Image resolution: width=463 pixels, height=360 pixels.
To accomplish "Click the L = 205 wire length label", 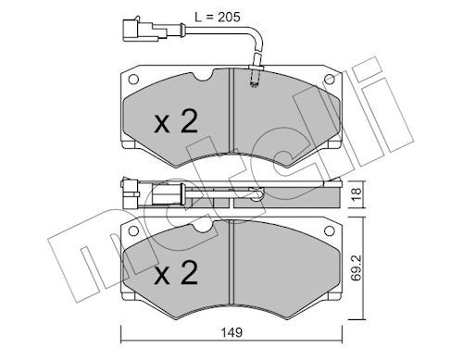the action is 218,18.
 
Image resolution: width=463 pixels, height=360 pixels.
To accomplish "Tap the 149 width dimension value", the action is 231,332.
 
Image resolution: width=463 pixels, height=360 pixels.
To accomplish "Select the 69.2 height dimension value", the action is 357,267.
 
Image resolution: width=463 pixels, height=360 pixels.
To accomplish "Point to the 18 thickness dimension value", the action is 357,194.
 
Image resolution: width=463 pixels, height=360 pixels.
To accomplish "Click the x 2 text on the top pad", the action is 176,122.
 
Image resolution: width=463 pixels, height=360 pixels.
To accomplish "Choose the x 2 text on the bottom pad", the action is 176,272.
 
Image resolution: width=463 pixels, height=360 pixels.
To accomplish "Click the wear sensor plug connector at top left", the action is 144,30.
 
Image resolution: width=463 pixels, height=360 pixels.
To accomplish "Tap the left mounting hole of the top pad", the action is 133,80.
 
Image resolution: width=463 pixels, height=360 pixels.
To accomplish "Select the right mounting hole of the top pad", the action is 330,80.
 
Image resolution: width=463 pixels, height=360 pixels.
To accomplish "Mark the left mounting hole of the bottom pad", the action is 133,230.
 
